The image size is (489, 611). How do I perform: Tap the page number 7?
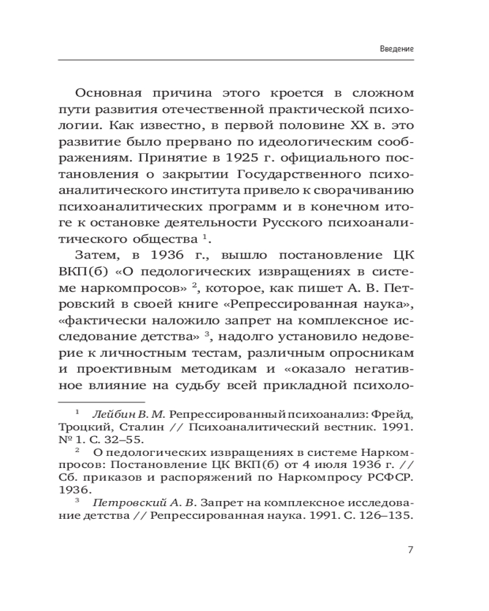(411, 549)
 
